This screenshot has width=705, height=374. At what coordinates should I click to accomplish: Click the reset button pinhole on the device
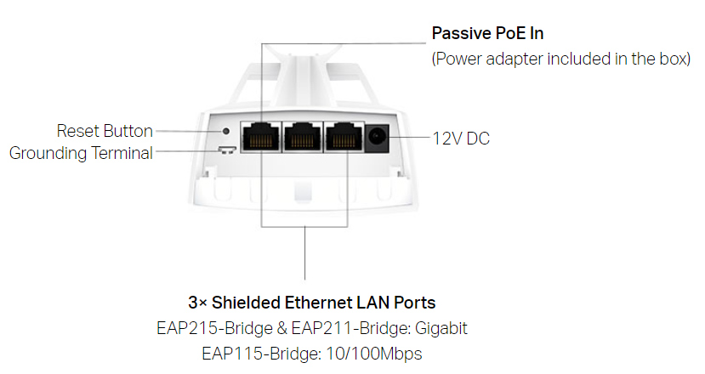[x=225, y=131]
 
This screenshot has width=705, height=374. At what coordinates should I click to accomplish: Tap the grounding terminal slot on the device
[x=225, y=151]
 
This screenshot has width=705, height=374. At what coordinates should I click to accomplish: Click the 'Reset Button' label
[x=105, y=132]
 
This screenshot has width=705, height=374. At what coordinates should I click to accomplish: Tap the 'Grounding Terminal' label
[x=81, y=153]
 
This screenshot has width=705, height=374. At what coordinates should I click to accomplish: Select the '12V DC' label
[x=461, y=139]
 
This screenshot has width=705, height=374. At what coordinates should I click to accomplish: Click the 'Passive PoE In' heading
[x=487, y=34]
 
